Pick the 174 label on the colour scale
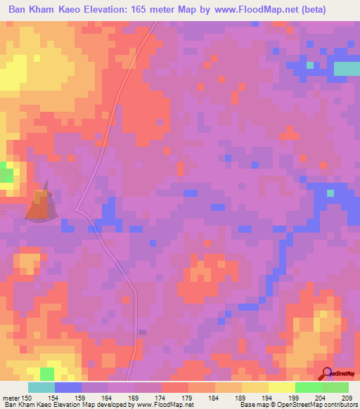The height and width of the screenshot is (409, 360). [161, 398]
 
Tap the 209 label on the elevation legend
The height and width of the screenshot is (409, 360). [345, 398]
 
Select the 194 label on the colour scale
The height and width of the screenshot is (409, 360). [268, 398]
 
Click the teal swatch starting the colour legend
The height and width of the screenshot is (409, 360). [41, 387]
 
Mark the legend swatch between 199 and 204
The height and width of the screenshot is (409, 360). [308, 387]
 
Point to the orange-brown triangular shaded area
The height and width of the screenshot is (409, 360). [40, 202]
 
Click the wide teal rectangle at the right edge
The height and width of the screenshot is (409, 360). [346, 68]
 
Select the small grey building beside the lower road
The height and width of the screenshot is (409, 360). [143, 332]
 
